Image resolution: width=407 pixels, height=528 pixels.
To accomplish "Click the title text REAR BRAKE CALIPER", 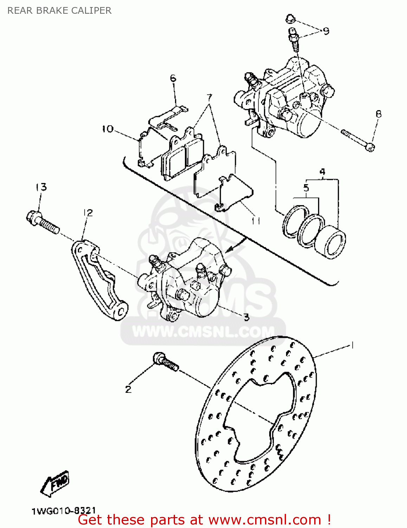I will [59, 11].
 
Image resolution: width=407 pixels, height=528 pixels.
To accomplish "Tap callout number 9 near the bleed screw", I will [326, 31].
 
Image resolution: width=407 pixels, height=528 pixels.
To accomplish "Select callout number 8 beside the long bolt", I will [379, 114].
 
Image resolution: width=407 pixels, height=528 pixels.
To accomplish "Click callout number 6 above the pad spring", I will [173, 78].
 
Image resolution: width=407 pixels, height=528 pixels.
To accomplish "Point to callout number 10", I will [108, 129].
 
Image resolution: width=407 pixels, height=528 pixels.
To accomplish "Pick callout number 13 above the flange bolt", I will [41, 187].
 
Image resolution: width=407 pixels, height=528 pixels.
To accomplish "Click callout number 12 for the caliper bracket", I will [88, 213].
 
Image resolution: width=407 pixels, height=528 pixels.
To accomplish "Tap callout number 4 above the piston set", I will [322, 172].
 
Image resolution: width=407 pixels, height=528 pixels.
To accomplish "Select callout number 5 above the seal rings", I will [306, 188].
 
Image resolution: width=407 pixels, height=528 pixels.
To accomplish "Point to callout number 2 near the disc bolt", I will [128, 389].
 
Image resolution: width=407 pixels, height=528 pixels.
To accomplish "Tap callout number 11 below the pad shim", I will [256, 221].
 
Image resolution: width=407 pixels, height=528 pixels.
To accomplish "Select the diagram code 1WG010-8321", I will [64, 511].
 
